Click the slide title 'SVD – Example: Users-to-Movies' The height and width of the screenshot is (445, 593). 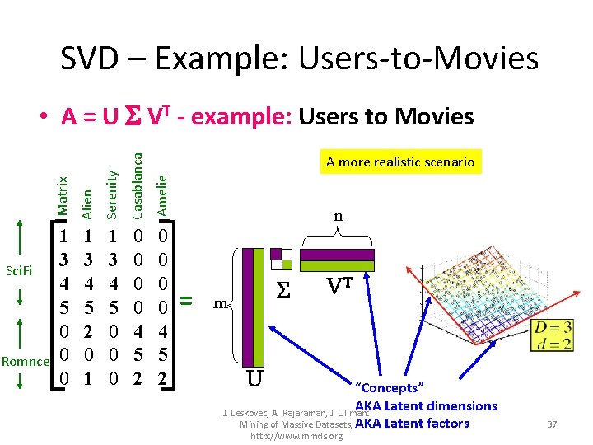pyautogui.click(x=299, y=59)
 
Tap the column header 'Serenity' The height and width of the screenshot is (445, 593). pyautogui.click(x=113, y=193)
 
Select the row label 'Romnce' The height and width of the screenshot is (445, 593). pyautogui.click(x=24, y=361)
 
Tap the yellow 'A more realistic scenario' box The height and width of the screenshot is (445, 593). pyautogui.click(x=400, y=162)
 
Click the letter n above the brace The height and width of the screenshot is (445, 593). pyautogui.click(x=338, y=217)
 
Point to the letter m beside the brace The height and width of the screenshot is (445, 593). pyautogui.click(x=220, y=304)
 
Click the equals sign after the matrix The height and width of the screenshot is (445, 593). pyautogui.click(x=187, y=297)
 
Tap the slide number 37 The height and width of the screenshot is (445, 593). pyautogui.click(x=552, y=424)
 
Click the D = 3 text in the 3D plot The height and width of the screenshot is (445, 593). pyautogui.click(x=552, y=327)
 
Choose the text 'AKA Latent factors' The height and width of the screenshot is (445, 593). pyautogui.click(x=413, y=424)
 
